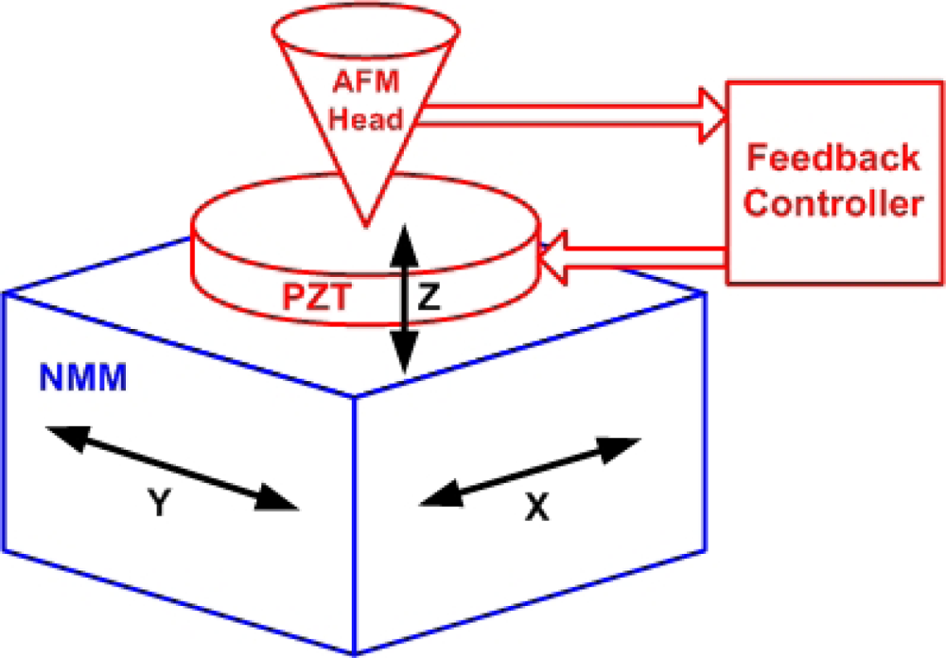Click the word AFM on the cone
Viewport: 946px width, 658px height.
click(x=359, y=82)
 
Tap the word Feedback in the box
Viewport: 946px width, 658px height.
click(x=832, y=157)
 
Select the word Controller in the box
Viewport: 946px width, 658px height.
click(x=832, y=202)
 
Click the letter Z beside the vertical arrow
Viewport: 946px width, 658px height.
click(x=429, y=298)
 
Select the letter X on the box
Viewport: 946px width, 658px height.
click(x=537, y=509)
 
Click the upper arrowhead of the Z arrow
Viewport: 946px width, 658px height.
click(x=405, y=242)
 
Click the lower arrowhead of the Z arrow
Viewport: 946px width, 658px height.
click(x=405, y=357)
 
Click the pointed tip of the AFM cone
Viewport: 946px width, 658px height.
click(x=363, y=223)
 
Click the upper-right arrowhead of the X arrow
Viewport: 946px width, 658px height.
click(x=626, y=446)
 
